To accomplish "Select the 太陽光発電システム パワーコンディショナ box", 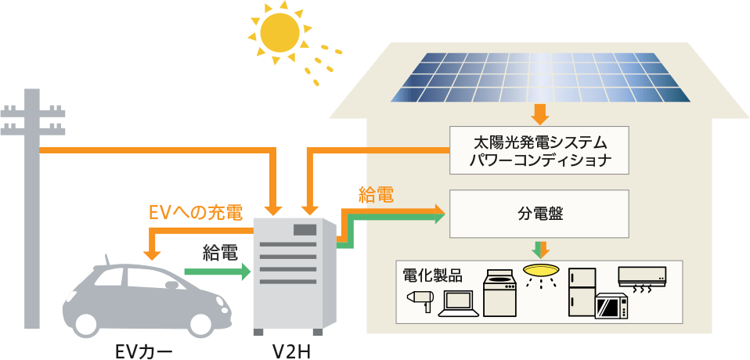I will tap(540, 150).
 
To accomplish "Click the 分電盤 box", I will tap(540, 212).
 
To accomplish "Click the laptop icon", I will tap(458, 304).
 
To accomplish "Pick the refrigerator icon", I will tap(582, 291).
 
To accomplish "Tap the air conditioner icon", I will tap(642, 279).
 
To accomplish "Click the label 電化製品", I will tap(432, 275).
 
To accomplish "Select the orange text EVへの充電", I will tap(195, 212).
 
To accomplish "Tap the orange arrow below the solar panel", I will tap(540, 114).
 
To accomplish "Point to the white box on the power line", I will tap(152, 139).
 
